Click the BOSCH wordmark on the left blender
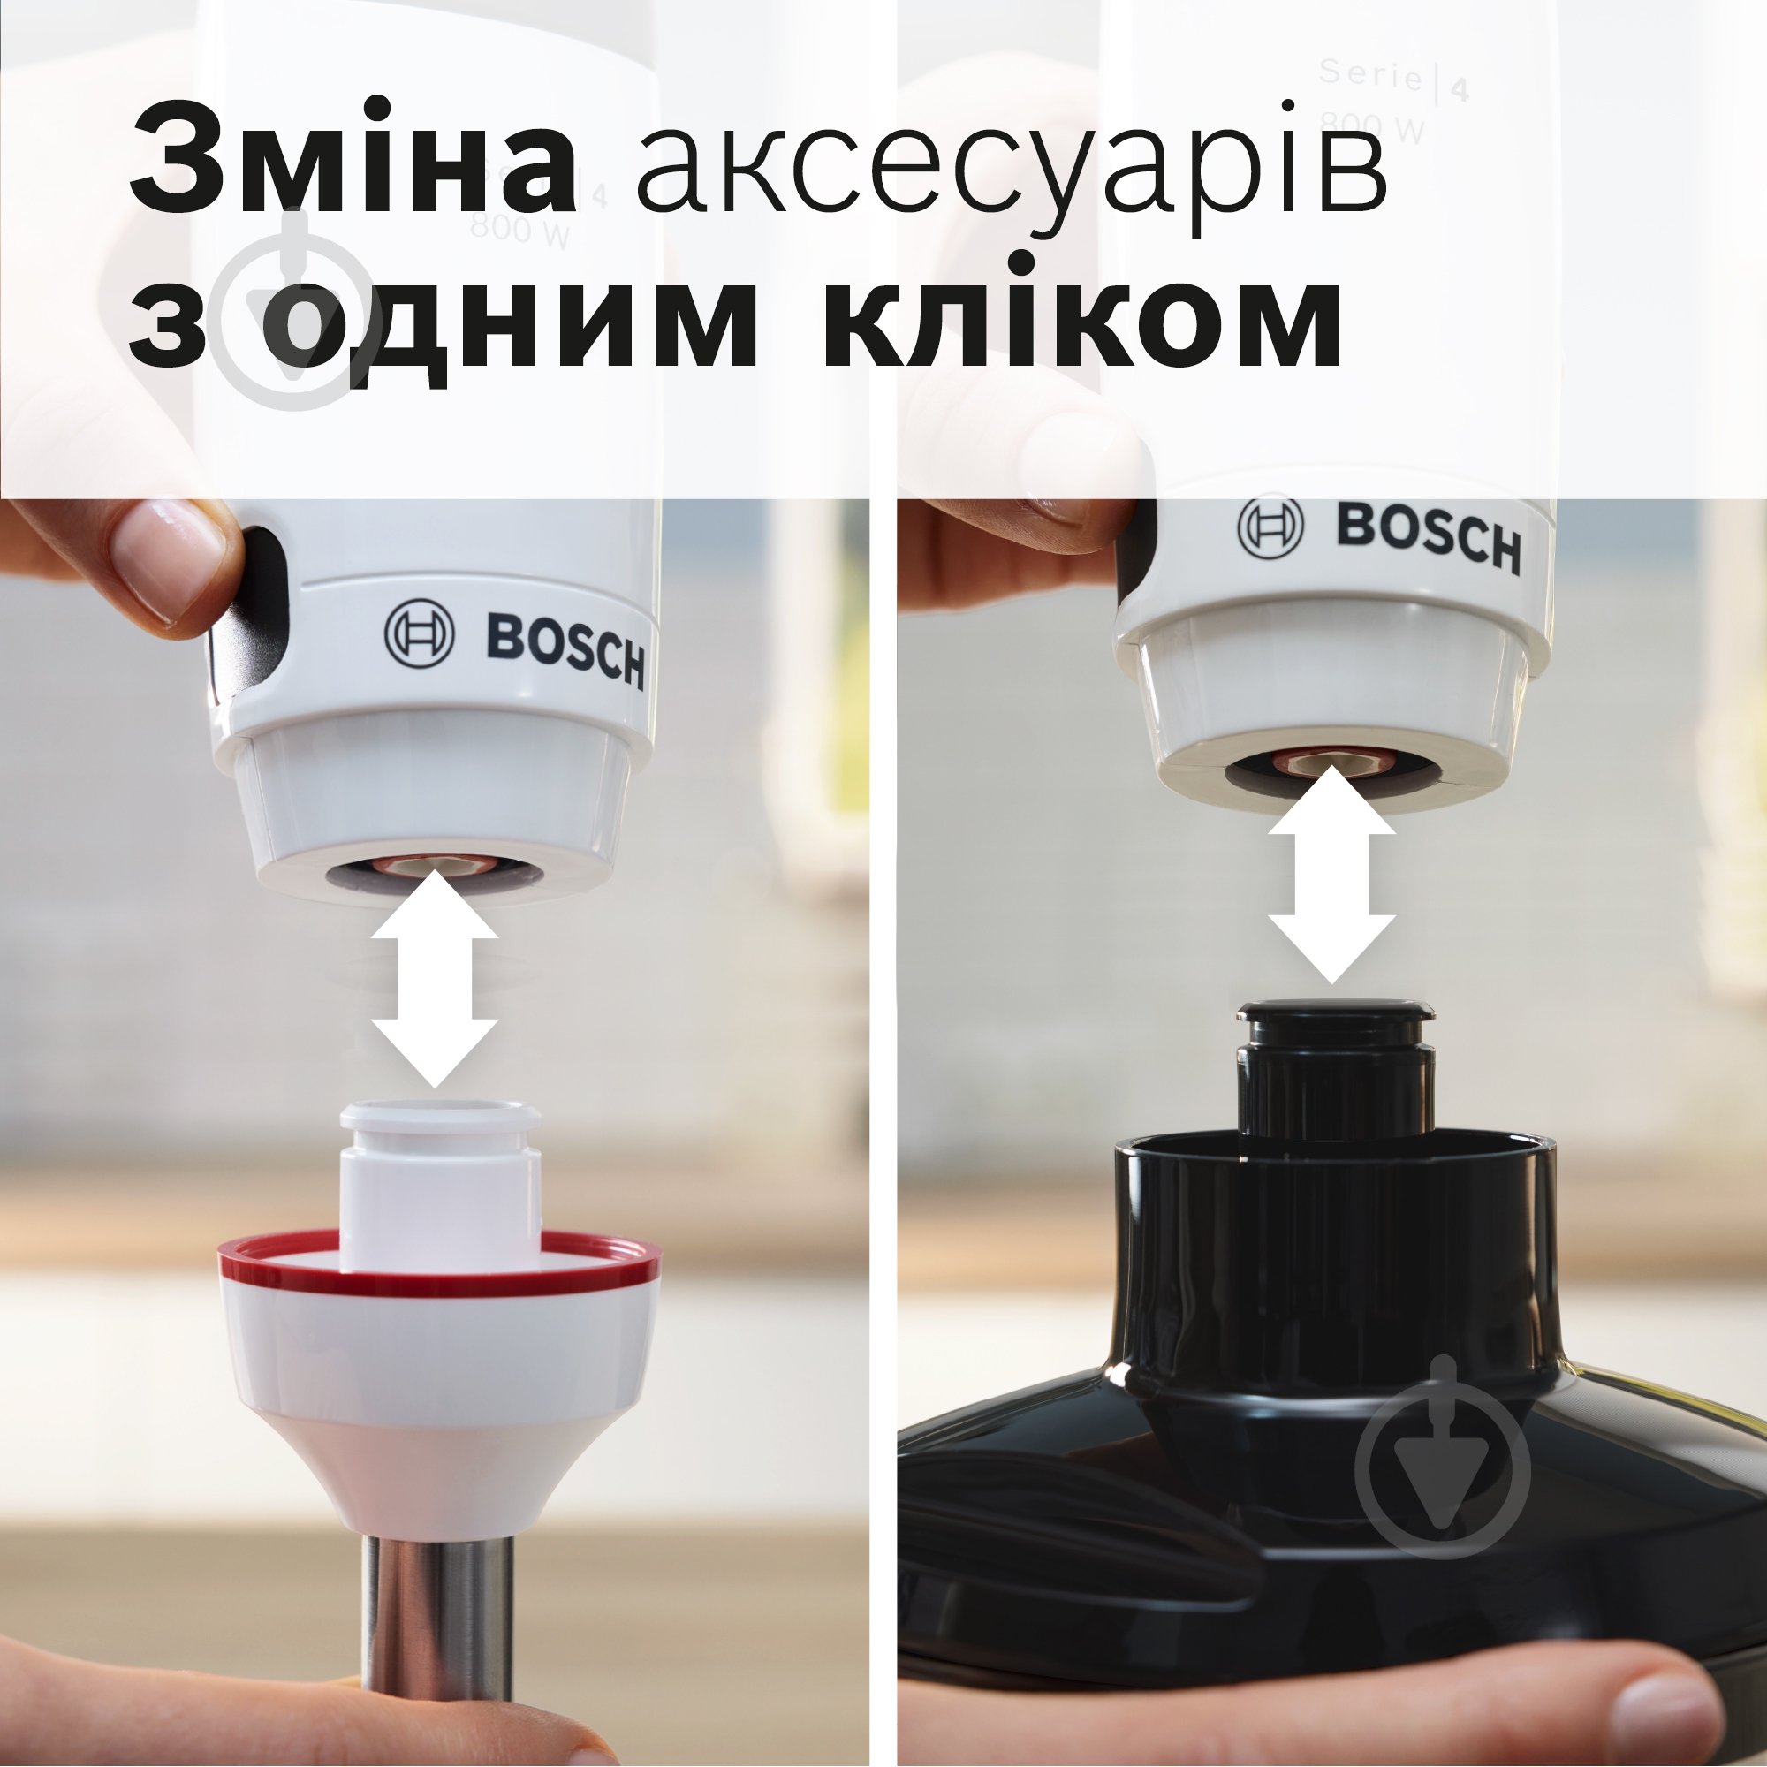(x=565, y=648)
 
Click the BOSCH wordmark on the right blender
(x=1428, y=537)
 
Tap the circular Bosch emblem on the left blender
(x=419, y=632)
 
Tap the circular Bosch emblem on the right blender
(x=1270, y=525)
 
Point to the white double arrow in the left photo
(x=435, y=979)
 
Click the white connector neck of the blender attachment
(x=440, y=1179)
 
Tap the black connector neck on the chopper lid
(x=1334, y=1074)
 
